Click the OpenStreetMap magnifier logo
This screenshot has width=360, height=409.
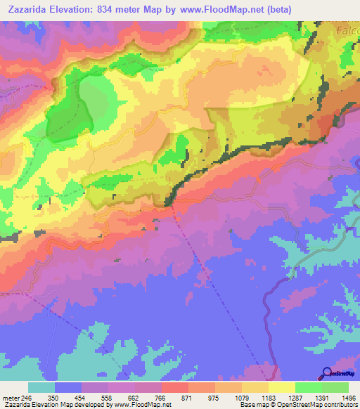(x=326, y=373)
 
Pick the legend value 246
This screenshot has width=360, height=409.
(x=27, y=397)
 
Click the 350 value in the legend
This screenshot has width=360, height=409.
(x=52, y=397)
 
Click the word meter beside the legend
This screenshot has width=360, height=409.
(x=10, y=397)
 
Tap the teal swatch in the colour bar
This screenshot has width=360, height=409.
(x=41, y=387)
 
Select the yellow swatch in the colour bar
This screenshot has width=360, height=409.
(x=281, y=387)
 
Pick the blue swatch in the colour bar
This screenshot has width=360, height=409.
(x=68, y=387)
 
